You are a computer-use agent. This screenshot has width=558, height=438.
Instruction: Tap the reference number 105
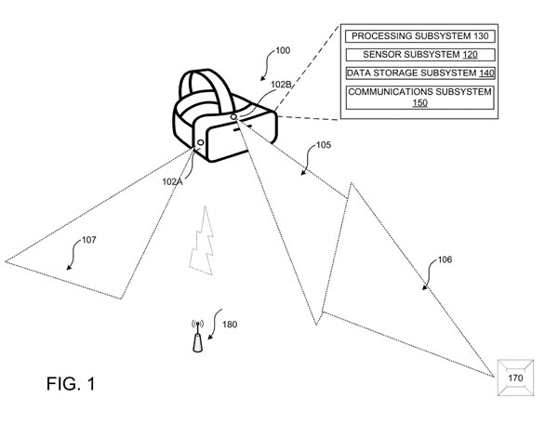click(x=324, y=145)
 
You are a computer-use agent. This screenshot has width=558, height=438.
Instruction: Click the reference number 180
click(x=229, y=325)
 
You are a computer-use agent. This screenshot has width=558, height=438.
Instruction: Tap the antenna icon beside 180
click(x=197, y=337)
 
